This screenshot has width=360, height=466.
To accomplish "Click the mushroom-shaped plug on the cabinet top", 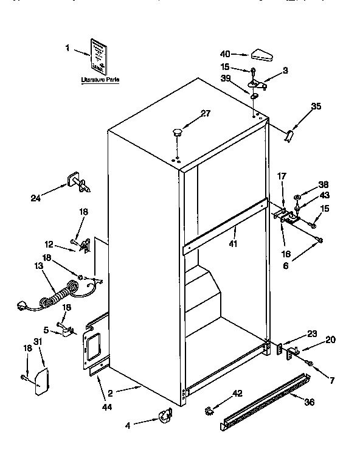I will [x=178, y=131].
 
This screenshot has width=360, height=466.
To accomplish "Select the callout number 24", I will [x=35, y=196].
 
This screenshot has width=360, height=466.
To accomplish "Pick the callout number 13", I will [x=40, y=265].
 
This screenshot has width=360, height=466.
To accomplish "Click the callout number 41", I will [x=233, y=243].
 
